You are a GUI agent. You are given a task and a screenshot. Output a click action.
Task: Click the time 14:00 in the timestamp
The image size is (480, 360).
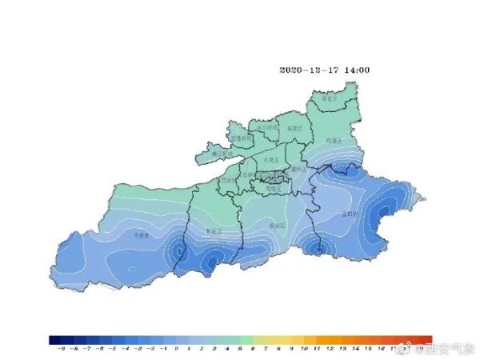(357, 70)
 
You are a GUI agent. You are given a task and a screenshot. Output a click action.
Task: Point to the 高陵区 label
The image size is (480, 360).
(294, 127)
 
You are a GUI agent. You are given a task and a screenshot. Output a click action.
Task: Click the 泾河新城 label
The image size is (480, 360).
(266, 127)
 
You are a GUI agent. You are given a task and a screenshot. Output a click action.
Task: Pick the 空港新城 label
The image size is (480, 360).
(241, 138)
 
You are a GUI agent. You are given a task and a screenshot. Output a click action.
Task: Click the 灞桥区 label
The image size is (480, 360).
(298, 170)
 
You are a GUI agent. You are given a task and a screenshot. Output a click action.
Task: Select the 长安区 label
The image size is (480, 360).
(278, 226)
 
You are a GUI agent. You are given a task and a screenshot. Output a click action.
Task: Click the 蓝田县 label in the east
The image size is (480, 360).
(349, 214)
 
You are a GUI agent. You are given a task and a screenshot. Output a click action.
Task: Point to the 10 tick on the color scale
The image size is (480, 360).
(305, 350)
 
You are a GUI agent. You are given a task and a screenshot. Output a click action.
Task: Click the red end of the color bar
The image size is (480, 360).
(428, 340)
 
